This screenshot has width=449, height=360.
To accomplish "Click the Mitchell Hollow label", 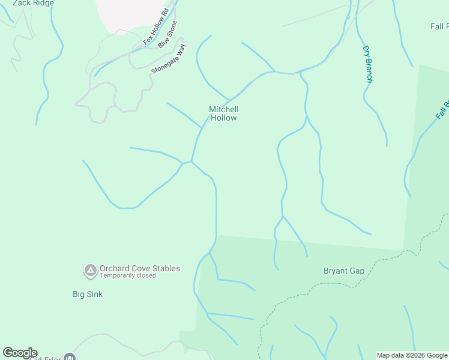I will [x=223, y=113].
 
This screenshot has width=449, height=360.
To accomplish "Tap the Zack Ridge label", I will [x=33, y=3].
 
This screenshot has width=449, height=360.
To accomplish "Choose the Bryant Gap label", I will [x=344, y=271].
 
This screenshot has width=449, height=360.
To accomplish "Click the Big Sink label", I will [x=88, y=294].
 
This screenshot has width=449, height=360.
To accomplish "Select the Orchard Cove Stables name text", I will [x=140, y=268].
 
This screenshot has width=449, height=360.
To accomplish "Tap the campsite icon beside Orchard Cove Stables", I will [x=90, y=271].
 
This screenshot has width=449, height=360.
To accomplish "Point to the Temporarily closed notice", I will [x=128, y=276].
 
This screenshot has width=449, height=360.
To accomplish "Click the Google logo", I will [x=20, y=353].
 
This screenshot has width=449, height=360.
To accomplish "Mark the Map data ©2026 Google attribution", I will [x=412, y=355].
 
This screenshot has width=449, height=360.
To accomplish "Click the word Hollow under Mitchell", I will [x=223, y=118].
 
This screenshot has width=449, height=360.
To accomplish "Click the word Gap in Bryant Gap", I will [x=357, y=271].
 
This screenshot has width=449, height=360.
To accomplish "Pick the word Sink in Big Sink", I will [x=95, y=294].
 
